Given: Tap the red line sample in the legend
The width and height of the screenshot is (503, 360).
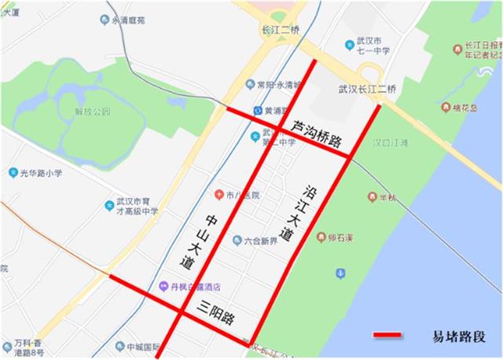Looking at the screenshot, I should [x=387, y=336].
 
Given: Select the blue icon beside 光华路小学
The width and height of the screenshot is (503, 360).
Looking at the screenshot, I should [x=13, y=172].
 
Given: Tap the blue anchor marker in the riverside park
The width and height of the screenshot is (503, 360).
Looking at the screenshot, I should [x=340, y=274].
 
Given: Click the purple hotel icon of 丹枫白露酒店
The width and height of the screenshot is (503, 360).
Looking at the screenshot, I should [x=163, y=287].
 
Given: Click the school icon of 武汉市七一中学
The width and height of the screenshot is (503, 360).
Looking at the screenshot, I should [x=350, y=46].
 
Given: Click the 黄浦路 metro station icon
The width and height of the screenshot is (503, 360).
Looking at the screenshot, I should [x=258, y=111].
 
